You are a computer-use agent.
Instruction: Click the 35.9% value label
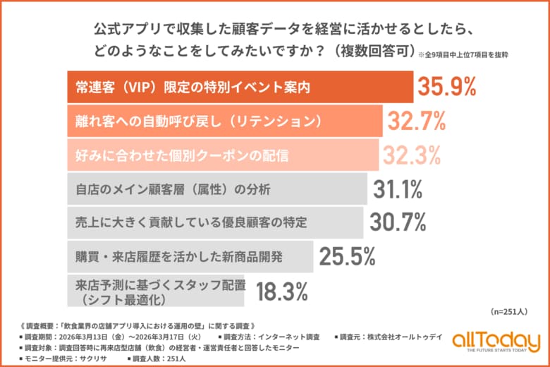pos(448,87)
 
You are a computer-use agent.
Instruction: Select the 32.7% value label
pos(417,121)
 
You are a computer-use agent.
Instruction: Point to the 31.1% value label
pos(398,189)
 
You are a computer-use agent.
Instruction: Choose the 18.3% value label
pos(281,290)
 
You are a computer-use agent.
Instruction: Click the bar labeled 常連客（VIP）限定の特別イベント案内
pos(240,88)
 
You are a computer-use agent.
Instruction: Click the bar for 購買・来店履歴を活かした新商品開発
pos(190,256)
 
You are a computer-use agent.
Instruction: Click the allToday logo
pos(489,341)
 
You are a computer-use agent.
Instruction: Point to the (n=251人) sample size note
pos(509,311)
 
